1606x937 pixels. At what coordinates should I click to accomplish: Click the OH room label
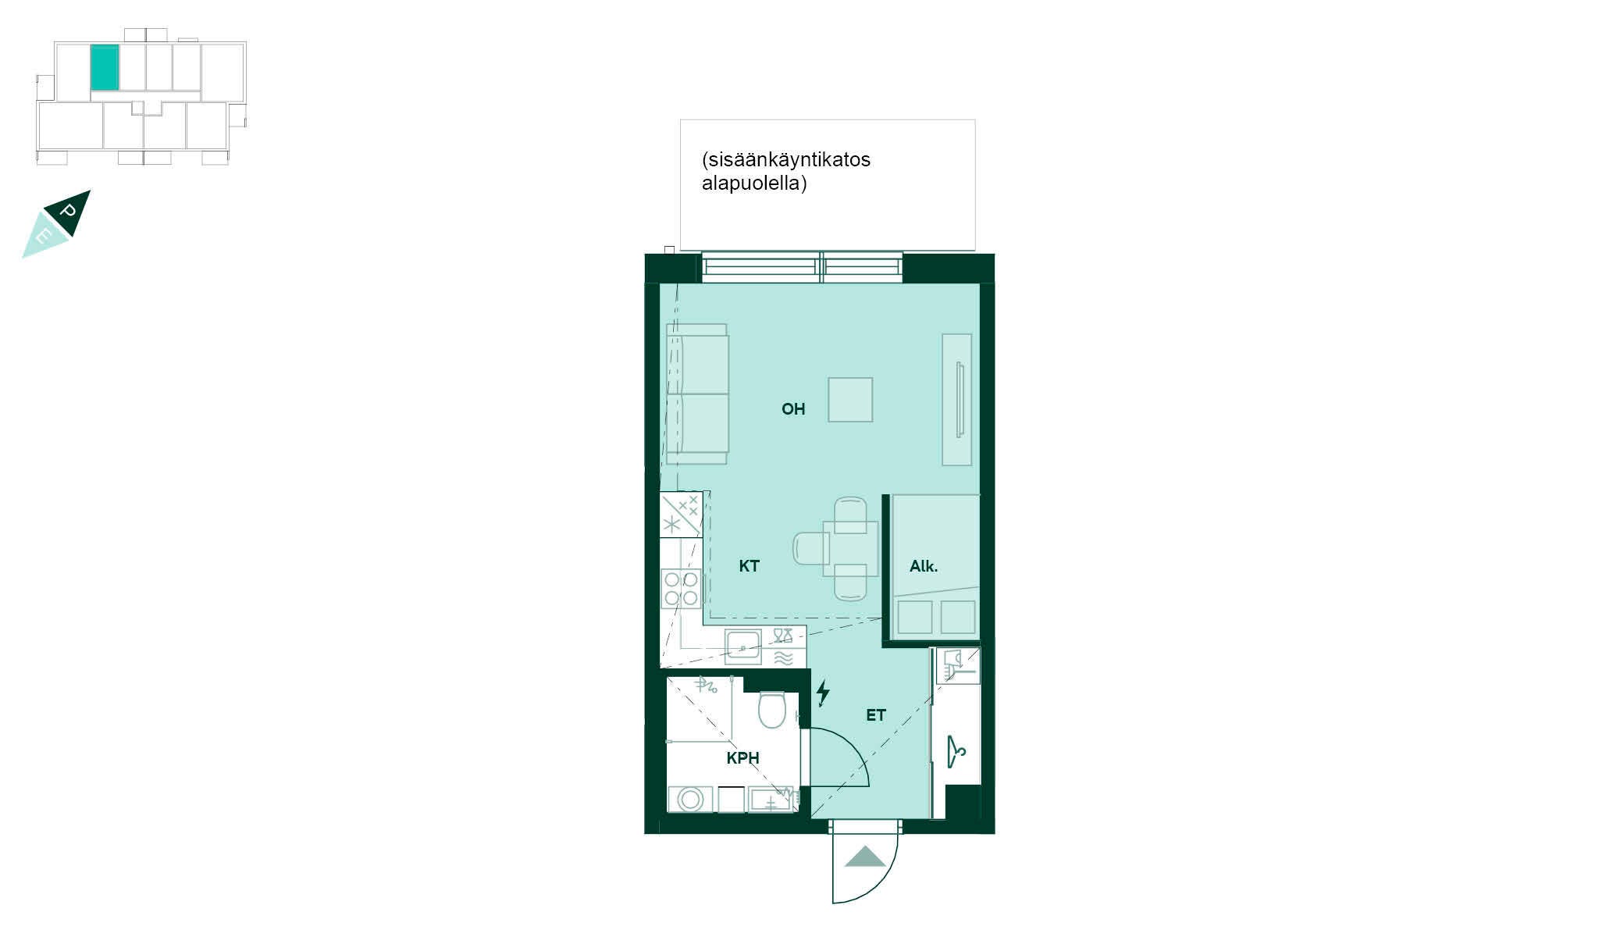(793, 409)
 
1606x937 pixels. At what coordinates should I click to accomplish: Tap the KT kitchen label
(749, 566)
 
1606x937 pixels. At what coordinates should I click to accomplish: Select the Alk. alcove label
(924, 566)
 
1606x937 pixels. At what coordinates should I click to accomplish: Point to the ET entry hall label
(875, 714)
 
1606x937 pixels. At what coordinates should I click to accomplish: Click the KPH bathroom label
(742, 757)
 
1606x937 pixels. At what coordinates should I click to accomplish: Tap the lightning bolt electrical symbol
(823, 693)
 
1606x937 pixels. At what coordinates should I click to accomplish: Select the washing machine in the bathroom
(690, 799)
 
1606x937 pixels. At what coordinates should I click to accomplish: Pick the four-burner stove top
(681, 588)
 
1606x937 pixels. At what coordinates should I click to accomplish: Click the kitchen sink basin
(742, 647)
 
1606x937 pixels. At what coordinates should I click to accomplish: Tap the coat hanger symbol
(956, 751)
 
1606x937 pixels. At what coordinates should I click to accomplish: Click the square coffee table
(850, 399)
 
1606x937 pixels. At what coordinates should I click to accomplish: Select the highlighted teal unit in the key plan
(105, 68)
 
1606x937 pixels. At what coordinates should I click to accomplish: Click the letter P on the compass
(69, 211)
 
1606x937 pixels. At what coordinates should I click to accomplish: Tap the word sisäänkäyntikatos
(786, 160)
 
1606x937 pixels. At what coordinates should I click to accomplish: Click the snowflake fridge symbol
(671, 524)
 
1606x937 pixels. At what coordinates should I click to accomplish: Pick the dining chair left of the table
(811, 547)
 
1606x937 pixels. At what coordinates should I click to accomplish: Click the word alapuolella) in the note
(754, 184)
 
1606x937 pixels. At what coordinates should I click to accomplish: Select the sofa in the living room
(697, 394)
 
